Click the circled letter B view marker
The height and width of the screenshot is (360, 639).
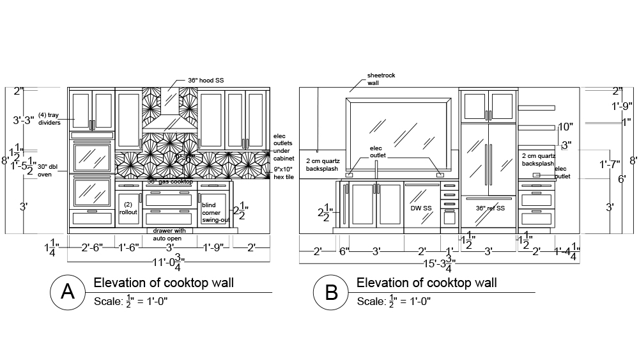pos(330,292)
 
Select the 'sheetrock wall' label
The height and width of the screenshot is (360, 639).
pos(381,79)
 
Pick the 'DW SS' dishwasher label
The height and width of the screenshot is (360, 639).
pos(420,208)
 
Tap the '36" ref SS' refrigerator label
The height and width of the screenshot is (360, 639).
pos(490,208)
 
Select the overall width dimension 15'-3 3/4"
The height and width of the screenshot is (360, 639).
pos(440,262)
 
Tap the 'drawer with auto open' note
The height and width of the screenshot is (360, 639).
pos(169,234)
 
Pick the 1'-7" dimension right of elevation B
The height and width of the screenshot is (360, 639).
pos(610,165)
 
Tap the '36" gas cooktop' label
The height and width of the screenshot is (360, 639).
pos(170,182)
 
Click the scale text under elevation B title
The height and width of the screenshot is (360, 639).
pos(394,301)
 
